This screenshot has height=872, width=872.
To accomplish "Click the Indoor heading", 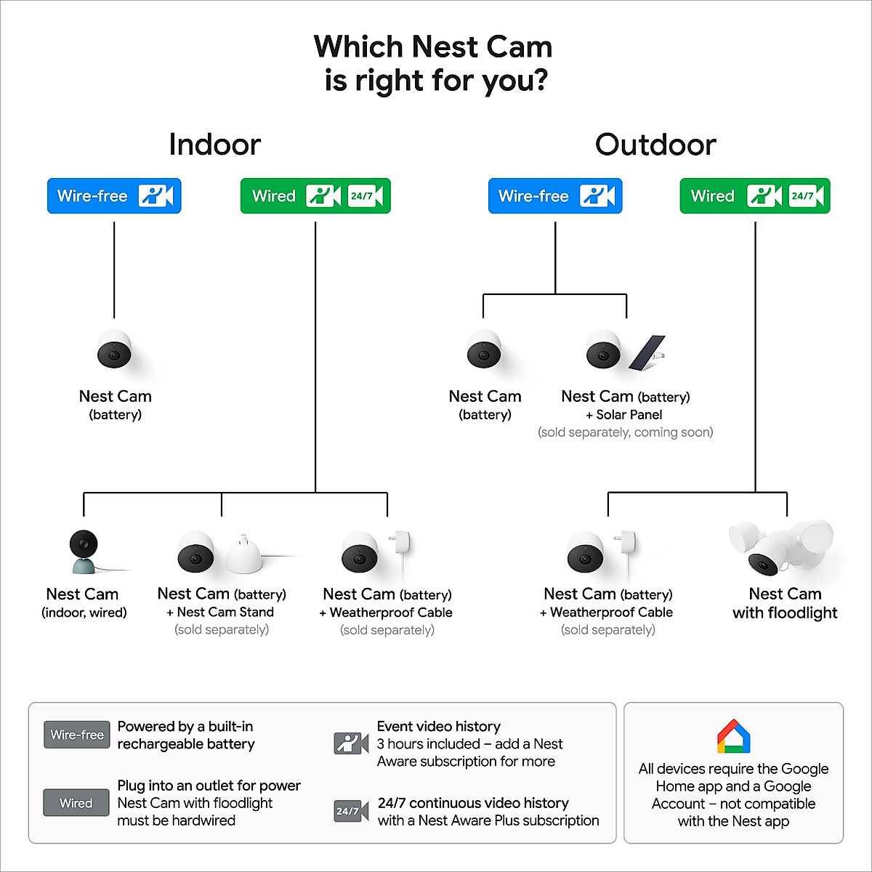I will [x=214, y=145].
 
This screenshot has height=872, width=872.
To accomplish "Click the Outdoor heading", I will [x=655, y=145].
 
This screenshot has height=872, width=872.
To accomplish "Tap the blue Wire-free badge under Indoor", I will [x=114, y=196].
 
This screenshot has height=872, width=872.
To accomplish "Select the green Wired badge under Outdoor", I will [x=754, y=196].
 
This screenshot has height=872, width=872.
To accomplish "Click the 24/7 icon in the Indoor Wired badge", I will [x=365, y=196].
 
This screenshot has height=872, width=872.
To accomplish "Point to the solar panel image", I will [x=647, y=352].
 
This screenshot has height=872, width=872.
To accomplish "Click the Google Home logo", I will [x=733, y=737].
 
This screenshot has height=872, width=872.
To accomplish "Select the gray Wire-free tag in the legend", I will [x=77, y=735].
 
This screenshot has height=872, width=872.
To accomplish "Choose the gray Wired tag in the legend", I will [x=76, y=803].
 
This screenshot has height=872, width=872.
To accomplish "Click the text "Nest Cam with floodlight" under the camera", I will [x=785, y=603].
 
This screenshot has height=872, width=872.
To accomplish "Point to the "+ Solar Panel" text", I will [x=624, y=415].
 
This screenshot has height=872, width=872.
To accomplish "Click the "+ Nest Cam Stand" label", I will [x=220, y=612].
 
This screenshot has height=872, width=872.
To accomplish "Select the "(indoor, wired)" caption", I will [x=84, y=613].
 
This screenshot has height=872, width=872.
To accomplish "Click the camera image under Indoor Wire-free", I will [x=115, y=350].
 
